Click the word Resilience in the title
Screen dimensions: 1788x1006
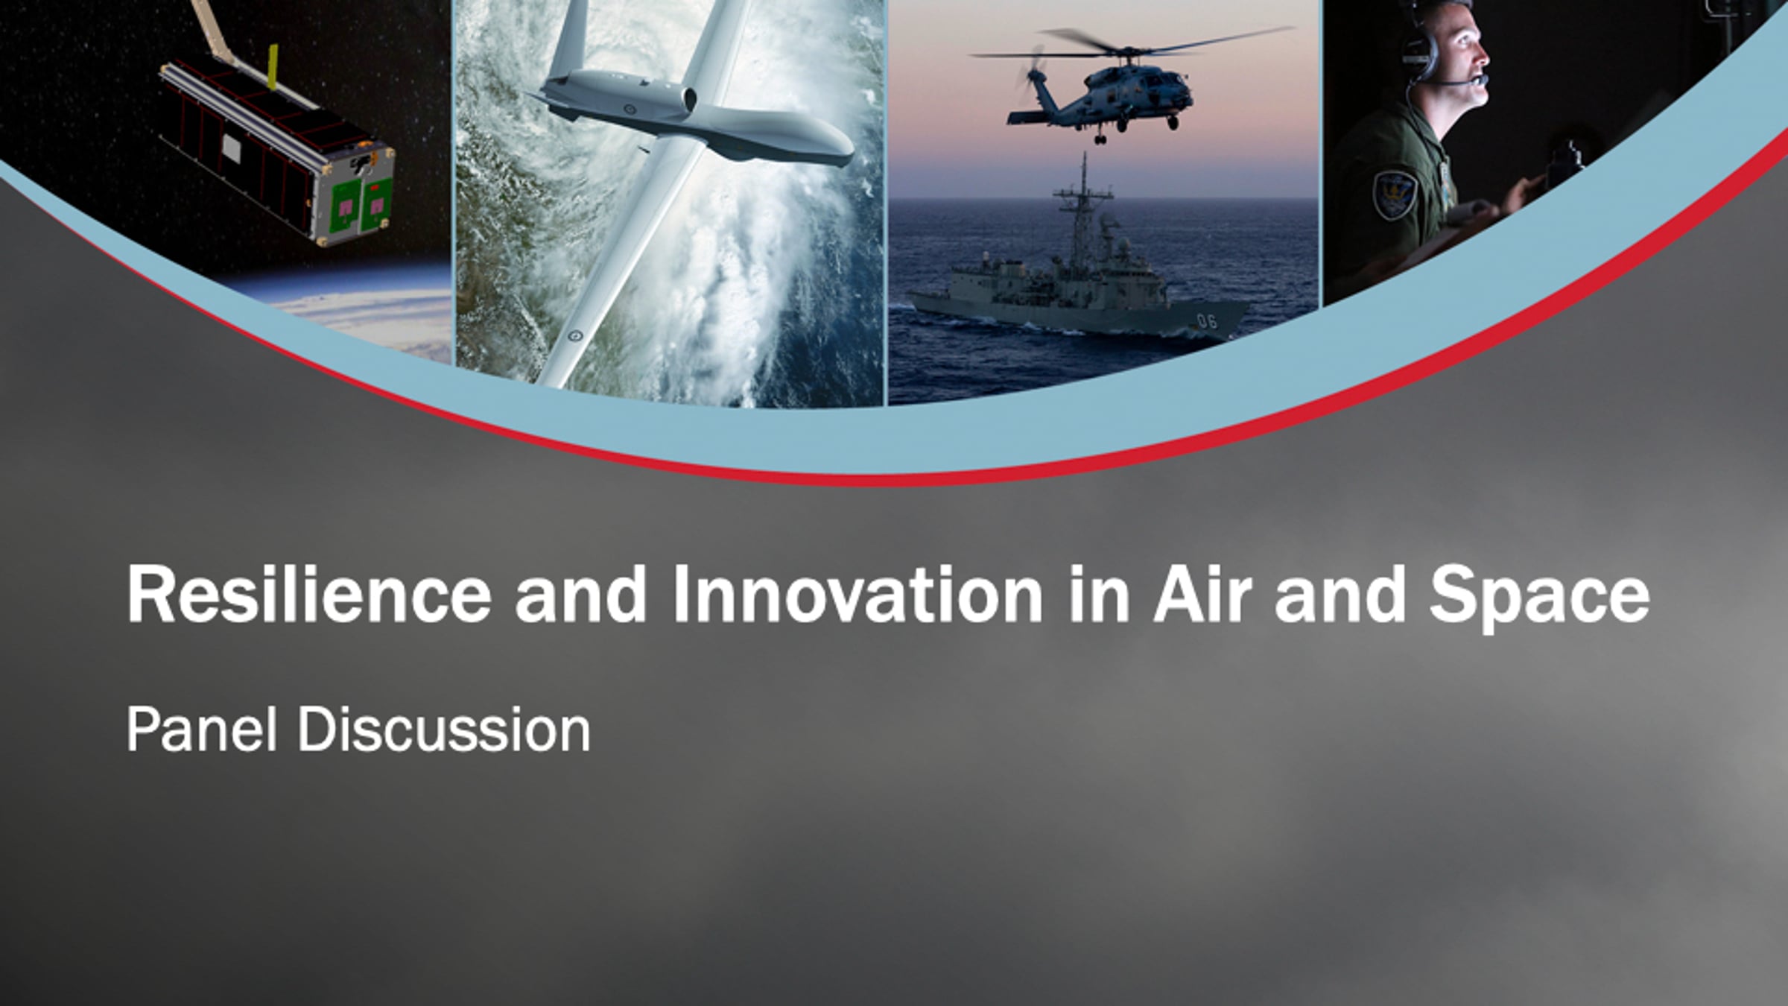click(309, 594)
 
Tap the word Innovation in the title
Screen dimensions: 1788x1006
click(858, 594)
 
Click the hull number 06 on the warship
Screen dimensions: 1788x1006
click(1206, 321)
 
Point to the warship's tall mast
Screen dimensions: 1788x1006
click(1082, 209)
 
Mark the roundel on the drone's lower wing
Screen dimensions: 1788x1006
click(574, 336)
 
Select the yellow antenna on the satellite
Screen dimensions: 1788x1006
click(273, 67)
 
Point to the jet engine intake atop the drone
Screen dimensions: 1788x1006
click(688, 98)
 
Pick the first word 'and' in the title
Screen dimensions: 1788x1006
click(581, 594)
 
